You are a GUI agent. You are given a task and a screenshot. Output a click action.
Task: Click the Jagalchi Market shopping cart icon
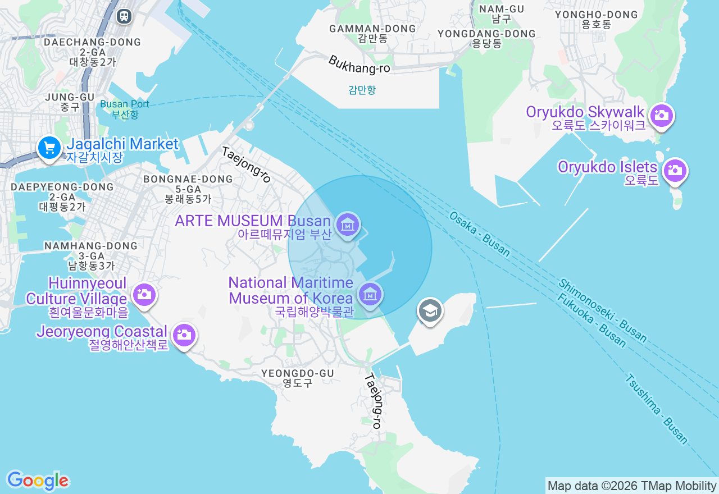click(x=49, y=148)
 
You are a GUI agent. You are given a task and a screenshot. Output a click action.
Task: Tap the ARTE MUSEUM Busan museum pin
click(x=348, y=225)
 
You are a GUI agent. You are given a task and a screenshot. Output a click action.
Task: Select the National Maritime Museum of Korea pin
click(x=370, y=294)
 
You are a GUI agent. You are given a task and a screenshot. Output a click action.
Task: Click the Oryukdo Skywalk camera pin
click(x=662, y=116)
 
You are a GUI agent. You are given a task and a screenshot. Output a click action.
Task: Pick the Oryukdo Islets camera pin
click(x=675, y=170)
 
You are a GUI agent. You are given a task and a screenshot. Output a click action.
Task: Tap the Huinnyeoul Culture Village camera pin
click(x=144, y=294)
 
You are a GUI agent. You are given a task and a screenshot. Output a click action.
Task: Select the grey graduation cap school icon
click(x=430, y=310)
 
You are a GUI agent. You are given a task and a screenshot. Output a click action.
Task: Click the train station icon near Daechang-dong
click(x=124, y=16)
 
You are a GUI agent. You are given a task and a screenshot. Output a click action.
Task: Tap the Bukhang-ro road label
click(x=359, y=64)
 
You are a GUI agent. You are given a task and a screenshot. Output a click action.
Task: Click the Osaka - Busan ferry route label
click(x=480, y=234)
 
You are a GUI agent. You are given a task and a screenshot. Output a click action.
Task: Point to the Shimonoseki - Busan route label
click(x=603, y=310)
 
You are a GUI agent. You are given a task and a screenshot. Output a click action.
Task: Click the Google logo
click(x=38, y=481)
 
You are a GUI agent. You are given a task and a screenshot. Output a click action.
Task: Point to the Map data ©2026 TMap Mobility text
click(x=632, y=486)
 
